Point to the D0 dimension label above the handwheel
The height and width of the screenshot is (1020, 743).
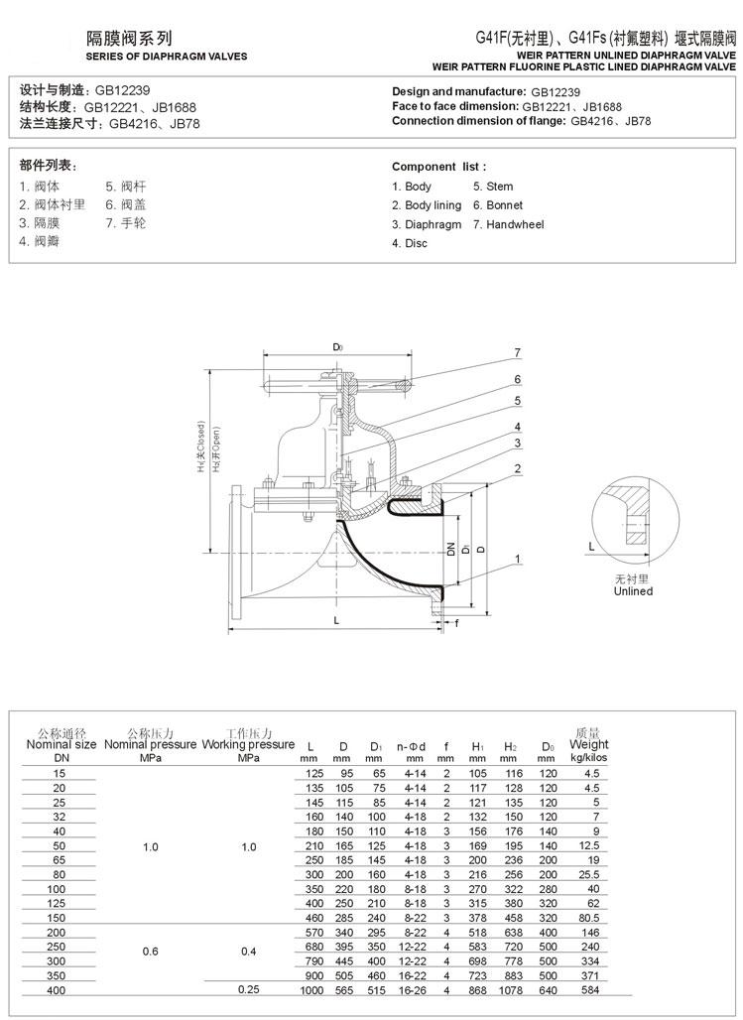pyautogui.click(x=337, y=347)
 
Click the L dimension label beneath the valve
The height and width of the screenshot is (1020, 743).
pyautogui.click(x=337, y=620)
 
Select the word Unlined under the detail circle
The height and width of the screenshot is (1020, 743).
pyautogui.click(x=632, y=591)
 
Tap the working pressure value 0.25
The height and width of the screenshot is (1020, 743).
pyautogui.click(x=248, y=990)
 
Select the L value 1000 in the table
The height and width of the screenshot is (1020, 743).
pyautogui.click(x=311, y=990)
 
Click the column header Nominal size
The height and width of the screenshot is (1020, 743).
pyautogui.click(x=61, y=744)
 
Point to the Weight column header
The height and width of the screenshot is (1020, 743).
pyautogui.click(x=589, y=744)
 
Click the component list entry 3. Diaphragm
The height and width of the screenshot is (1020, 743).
pyautogui.click(x=427, y=224)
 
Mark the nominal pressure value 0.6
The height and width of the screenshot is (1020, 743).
pyautogui.click(x=150, y=951)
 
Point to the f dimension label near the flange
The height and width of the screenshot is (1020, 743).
pyautogui.click(x=456, y=623)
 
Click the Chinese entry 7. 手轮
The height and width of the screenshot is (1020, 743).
pyautogui.click(x=126, y=223)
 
